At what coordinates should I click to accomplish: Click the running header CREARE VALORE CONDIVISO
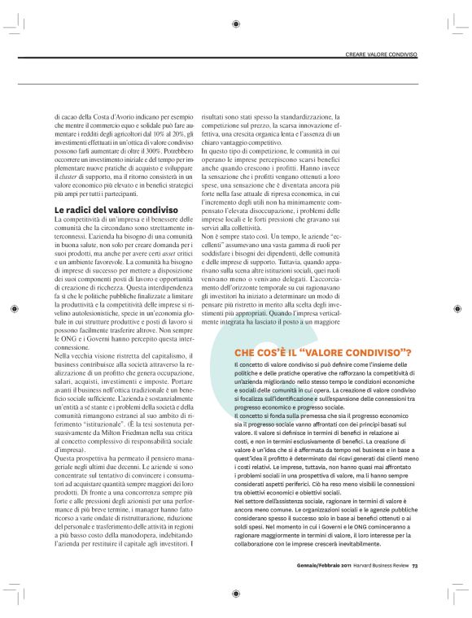(x=381, y=55)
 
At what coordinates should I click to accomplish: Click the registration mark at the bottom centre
(x=235, y=594)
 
